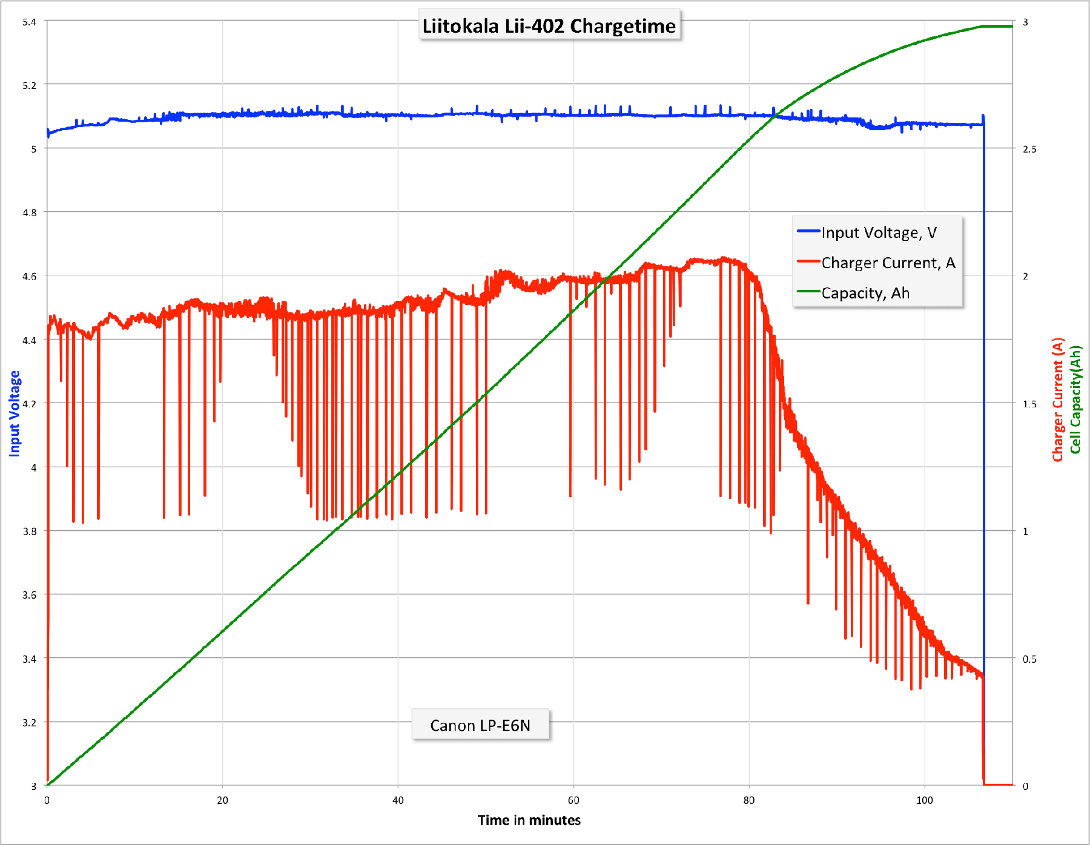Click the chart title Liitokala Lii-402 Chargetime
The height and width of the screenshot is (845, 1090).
tap(549, 26)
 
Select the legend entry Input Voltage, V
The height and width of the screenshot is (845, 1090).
tap(879, 233)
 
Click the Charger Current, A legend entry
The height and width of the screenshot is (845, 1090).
tap(888, 263)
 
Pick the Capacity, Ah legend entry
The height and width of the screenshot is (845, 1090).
tap(865, 293)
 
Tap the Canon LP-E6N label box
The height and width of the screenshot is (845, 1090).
tap(480, 725)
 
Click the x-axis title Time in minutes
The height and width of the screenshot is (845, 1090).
tap(529, 820)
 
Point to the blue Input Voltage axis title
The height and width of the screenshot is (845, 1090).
tap(15, 413)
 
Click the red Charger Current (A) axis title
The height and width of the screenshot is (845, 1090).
tap(1057, 399)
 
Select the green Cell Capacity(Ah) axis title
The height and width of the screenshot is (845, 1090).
tap(1075, 399)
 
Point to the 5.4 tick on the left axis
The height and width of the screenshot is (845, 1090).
tap(29, 22)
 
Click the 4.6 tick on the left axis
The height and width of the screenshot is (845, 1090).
tap(29, 277)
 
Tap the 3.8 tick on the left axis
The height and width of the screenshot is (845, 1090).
tap(29, 531)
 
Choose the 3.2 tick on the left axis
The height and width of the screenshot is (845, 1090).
tap(29, 723)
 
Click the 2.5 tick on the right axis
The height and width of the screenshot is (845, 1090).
tap(1029, 150)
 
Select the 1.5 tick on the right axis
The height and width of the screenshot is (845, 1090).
tap(1029, 404)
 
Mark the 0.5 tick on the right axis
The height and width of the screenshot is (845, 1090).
tap(1029, 659)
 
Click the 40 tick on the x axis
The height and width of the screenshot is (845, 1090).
tap(398, 800)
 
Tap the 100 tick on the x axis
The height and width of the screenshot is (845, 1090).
tap(924, 800)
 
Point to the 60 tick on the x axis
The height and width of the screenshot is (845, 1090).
tap(573, 800)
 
